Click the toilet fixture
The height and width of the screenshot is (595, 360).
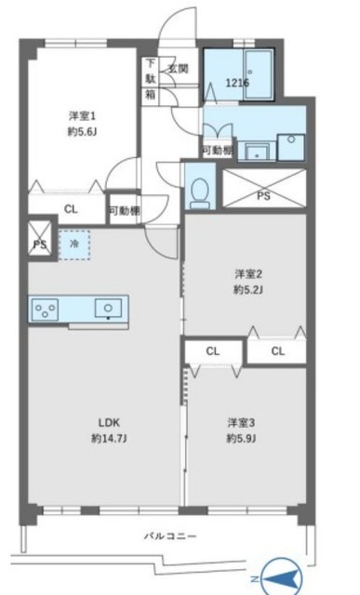[200, 192]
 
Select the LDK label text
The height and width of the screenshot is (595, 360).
[109, 422]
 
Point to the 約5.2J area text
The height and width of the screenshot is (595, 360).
[248, 290]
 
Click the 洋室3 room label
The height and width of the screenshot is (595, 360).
[241, 422]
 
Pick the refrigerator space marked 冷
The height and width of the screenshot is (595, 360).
[74, 245]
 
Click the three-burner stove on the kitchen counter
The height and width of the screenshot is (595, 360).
[46, 310]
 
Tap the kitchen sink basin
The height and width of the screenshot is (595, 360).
[108, 308]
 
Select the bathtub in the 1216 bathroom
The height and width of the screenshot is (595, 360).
[259, 74]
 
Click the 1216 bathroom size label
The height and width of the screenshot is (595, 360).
[237, 83]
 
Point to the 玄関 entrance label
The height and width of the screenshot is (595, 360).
[178, 69]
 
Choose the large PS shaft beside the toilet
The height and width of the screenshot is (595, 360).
[264, 189]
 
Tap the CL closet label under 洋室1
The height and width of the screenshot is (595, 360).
[71, 209]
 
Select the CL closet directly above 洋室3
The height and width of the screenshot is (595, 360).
[213, 351]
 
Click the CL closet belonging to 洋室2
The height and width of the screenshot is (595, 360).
[277, 351]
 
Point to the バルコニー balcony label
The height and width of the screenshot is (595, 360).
[170, 536]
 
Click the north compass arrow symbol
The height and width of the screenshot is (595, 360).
[281, 578]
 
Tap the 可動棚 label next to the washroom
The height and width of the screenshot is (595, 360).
[217, 151]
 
